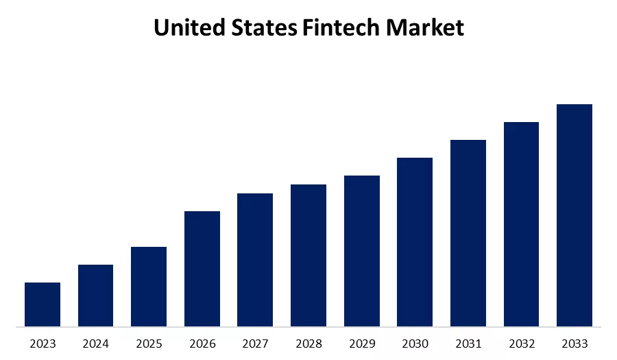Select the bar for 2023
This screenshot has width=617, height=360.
(x=43, y=304)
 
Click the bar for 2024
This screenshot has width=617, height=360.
(x=95, y=296)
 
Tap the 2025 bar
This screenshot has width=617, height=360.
(x=149, y=287)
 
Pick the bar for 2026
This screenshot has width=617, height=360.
(x=202, y=269)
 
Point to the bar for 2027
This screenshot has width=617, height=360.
(x=255, y=260)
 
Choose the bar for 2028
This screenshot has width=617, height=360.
(x=308, y=255)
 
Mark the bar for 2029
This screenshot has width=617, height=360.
(x=362, y=251)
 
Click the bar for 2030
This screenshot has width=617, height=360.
(x=415, y=242)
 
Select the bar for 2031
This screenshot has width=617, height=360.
(x=468, y=233)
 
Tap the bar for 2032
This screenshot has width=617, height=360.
(x=521, y=224)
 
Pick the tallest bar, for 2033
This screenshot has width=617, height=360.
(x=574, y=215)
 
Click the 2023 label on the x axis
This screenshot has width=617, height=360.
(x=43, y=343)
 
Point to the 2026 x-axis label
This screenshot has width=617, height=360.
(x=202, y=343)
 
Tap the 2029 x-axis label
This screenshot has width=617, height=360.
(x=362, y=343)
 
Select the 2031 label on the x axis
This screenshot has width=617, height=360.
(x=468, y=343)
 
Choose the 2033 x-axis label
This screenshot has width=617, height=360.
(x=574, y=343)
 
